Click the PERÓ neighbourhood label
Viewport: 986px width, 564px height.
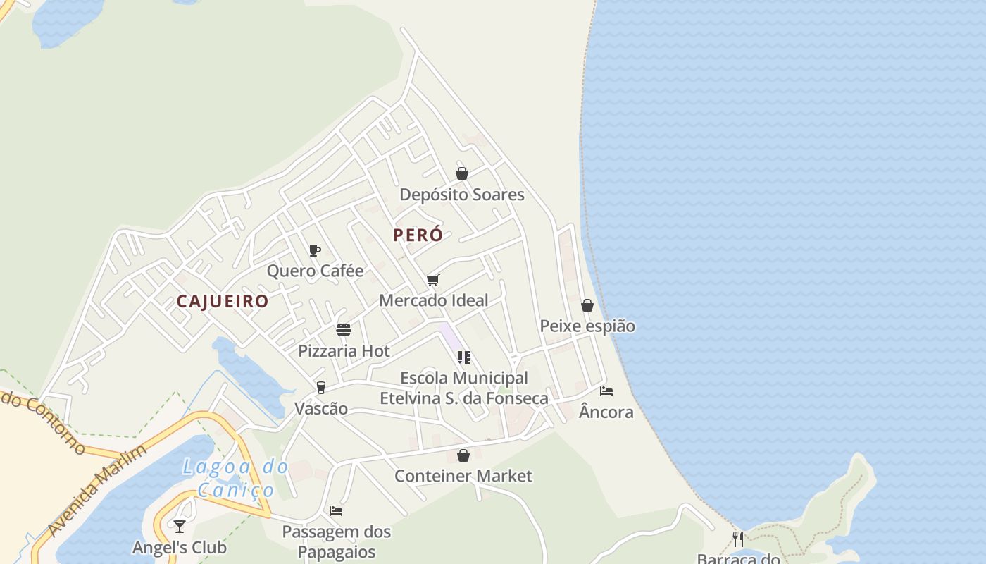point(418,235)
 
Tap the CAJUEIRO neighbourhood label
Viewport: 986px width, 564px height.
point(223,301)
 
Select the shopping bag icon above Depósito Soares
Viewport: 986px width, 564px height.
point(462,173)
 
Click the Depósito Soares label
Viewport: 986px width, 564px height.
point(462,195)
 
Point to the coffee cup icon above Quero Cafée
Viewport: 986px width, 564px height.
point(315,250)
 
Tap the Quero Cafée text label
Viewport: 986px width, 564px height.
point(315,271)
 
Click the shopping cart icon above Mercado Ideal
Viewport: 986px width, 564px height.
point(433,281)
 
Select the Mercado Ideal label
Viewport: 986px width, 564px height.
point(433,300)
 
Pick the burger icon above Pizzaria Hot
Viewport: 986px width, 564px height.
point(344,330)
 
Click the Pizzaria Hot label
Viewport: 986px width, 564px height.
point(344,350)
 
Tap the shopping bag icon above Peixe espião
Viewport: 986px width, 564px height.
point(587,305)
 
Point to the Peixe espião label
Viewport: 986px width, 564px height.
point(587,326)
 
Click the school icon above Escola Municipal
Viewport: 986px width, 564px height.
point(463,357)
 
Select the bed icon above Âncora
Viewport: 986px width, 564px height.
point(606,391)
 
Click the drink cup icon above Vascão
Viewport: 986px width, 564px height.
point(321,388)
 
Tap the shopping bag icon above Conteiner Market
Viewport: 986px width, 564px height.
point(463,455)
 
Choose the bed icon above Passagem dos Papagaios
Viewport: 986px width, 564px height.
point(336,511)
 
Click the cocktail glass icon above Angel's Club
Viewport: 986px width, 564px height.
point(180,527)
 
